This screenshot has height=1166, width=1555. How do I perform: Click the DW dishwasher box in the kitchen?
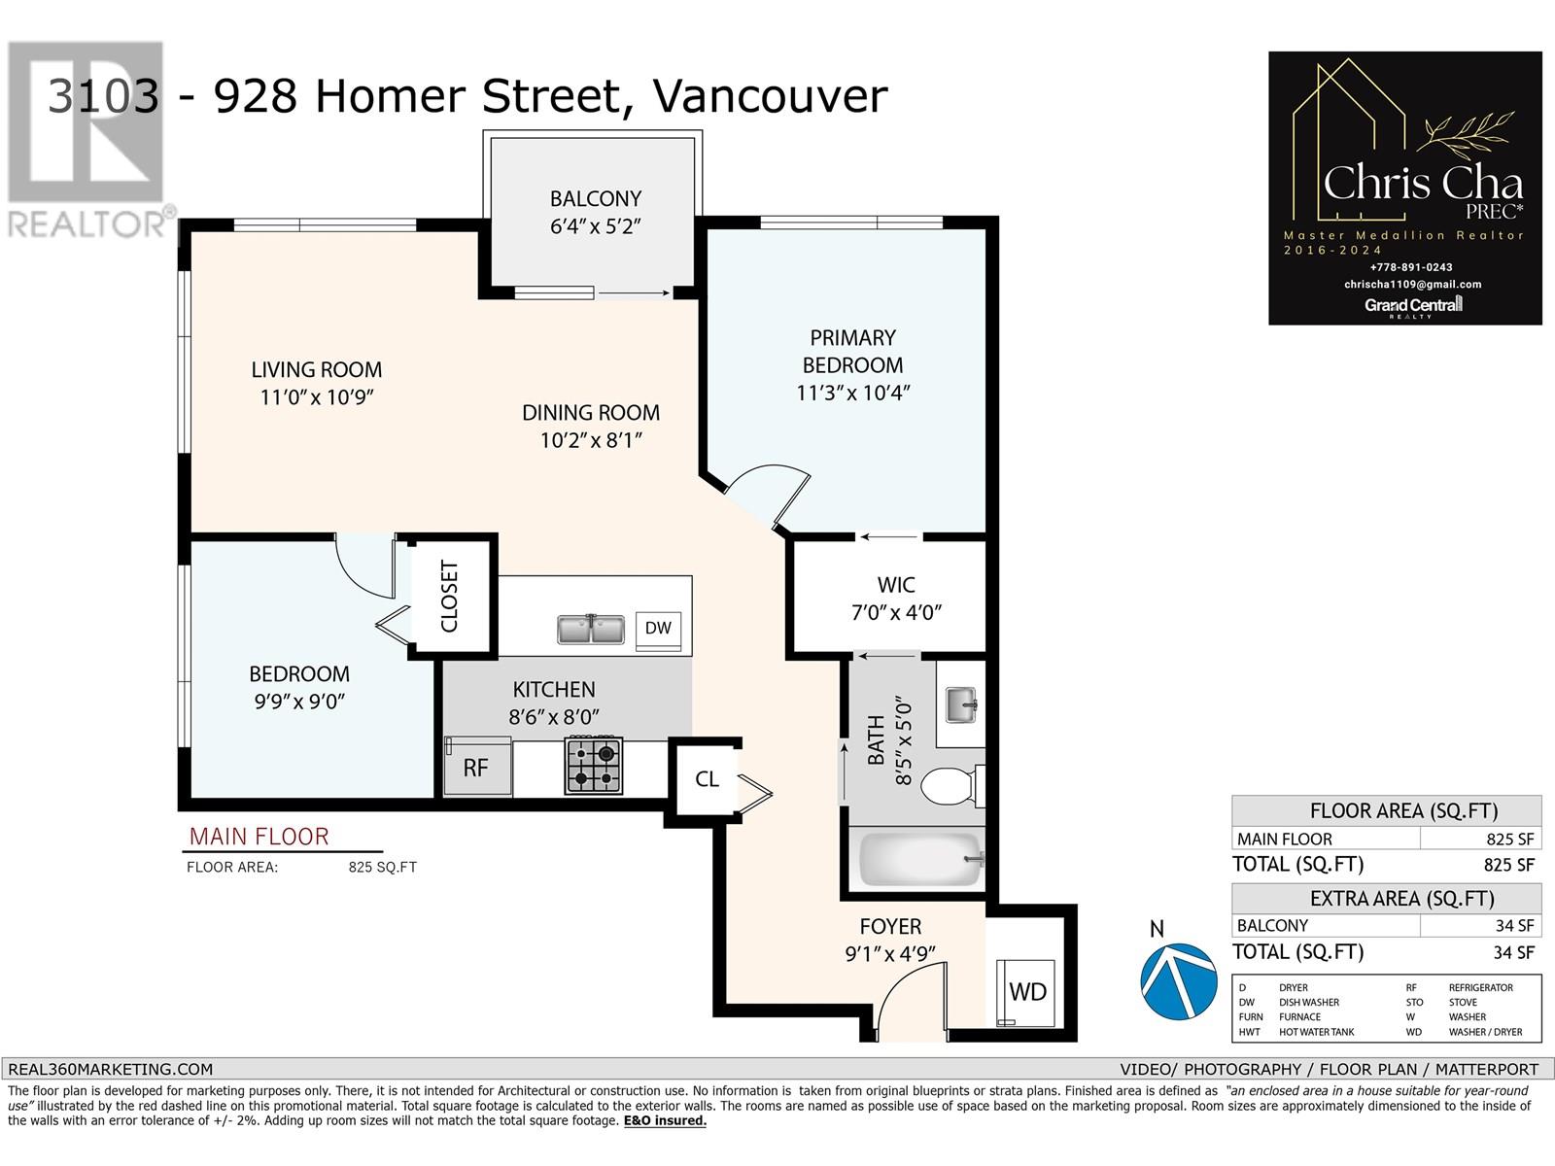coord(658,631)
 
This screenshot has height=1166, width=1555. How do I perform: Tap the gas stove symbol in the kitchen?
coord(594,766)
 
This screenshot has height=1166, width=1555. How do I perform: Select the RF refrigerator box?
coord(477,767)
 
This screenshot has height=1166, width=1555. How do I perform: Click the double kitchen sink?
coord(591,630)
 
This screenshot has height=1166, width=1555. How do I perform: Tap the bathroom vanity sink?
coord(962,705)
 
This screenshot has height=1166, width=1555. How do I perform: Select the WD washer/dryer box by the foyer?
coord(1025,992)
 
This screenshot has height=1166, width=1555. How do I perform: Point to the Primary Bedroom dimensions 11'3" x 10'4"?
coord(853,393)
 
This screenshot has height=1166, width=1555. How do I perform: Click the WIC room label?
coord(896,585)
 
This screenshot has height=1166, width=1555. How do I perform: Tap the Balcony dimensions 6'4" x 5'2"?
coord(595,226)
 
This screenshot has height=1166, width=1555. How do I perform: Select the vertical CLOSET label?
coord(449,596)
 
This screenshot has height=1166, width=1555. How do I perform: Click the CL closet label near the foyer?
coord(707,778)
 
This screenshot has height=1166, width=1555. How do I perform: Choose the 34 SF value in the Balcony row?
coord(1514,925)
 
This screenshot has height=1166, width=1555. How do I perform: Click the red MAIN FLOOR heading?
coord(259,837)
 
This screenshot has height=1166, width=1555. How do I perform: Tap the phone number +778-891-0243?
coord(1411,267)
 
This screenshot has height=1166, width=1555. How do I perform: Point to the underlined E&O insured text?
coord(665,1120)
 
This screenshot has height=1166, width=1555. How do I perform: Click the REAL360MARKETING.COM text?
coord(110,1069)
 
